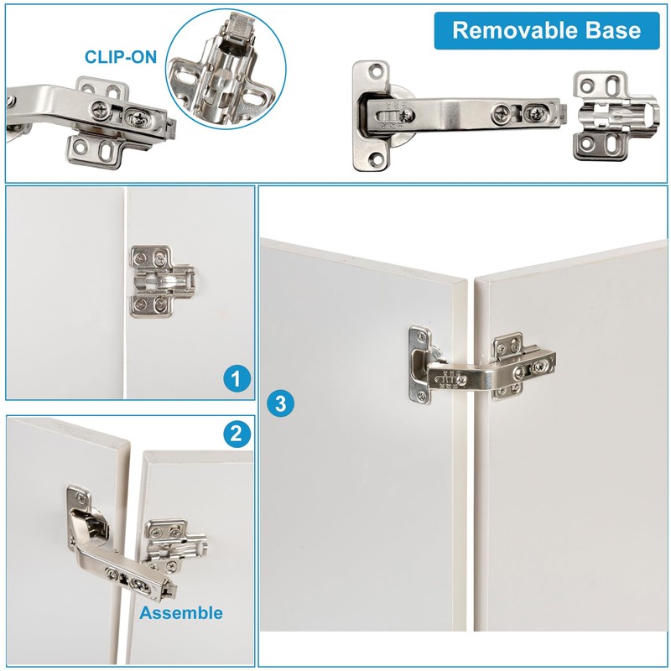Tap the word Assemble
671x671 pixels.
(x=181, y=612)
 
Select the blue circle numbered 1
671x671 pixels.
(x=237, y=379)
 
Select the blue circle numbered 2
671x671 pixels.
(x=237, y=434)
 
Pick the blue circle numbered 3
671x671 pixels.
(x=281, y=403)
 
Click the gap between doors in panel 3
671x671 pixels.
(x=471, y=503)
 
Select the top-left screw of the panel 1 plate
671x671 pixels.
(x=139, y=253)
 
